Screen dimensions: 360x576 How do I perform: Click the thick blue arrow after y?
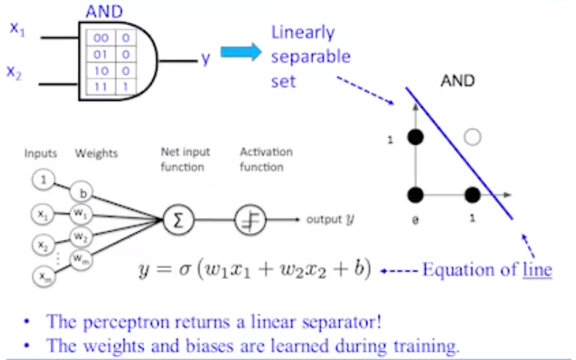pos(241,52)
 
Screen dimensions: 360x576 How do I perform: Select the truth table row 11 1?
pos(111,86)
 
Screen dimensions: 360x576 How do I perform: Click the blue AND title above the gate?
pos(106,11)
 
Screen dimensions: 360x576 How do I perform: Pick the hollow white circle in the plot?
pos(473,136)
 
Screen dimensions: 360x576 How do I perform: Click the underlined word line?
pos(537,269)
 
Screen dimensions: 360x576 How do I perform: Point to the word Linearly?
pos(302,33)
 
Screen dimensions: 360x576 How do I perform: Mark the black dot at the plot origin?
pos(416,195)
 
